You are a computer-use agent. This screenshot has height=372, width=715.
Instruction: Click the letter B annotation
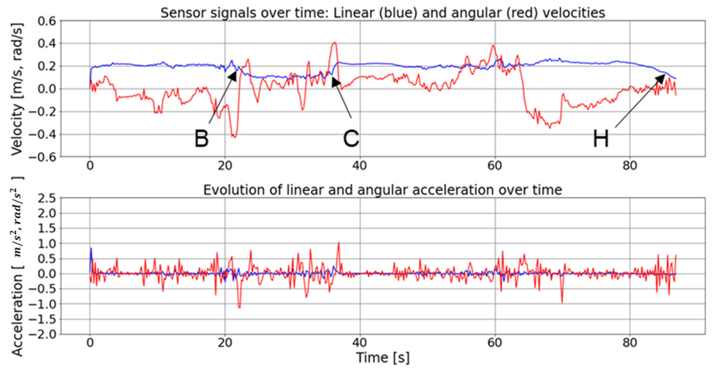[x=202, y=138]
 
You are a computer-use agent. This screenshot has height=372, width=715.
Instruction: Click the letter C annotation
[x=351, y=138]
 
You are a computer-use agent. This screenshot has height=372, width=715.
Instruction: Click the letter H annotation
[x=601, y=138]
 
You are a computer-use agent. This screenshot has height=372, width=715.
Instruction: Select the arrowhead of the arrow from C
[x=334, y=81]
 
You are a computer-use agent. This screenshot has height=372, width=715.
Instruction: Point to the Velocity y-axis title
[x=17, y=89]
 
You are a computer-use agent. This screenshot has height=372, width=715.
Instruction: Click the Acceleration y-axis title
[x=17, y=267]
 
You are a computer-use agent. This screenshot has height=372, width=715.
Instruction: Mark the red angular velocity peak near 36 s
[x=334, y=43]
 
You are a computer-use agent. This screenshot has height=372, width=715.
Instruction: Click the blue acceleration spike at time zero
[x=91, y=249]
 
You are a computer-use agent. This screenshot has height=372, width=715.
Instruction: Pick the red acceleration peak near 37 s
[x=339, y=243]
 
